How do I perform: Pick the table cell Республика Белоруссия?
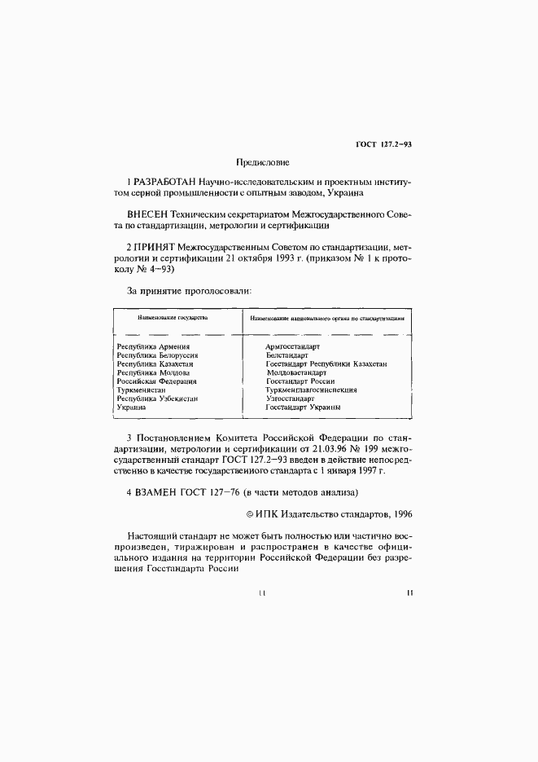(x=158, y=355)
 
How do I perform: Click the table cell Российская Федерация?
(x=157, y=381)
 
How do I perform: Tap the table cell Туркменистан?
(x=142, y=390)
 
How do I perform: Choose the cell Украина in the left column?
(x=131, y=407)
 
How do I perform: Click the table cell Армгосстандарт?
(x=294, y=347)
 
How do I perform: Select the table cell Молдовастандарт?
(x=296, y=372)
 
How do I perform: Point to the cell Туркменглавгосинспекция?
(x=311, y=390)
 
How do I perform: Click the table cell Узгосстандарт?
(x=291, y=399)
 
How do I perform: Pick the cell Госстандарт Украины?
(x=303, y=407)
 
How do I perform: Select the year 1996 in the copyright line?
(x=402, y=515)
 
